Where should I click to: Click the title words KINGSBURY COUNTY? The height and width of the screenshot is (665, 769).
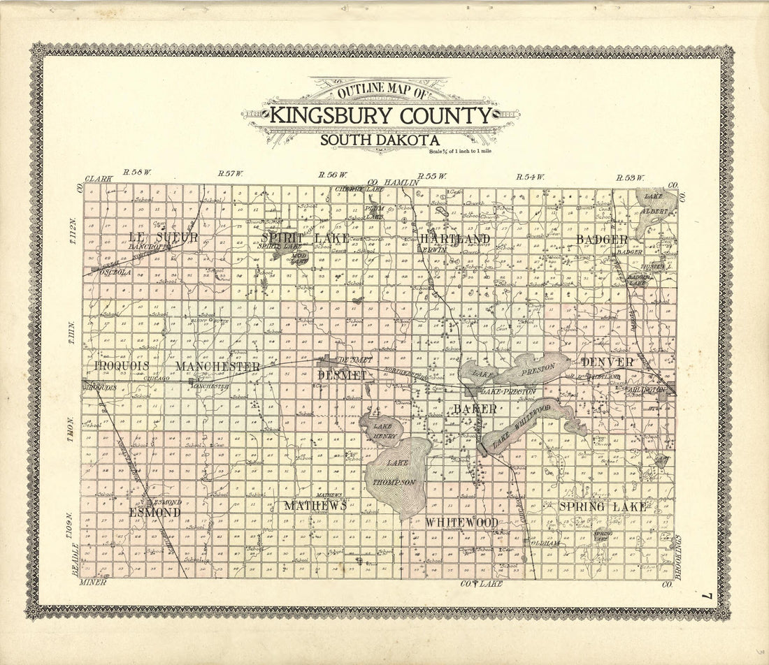point(381,115)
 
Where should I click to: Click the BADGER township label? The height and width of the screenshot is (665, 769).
point(602,240)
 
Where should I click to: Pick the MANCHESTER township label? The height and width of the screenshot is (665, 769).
point(217,366)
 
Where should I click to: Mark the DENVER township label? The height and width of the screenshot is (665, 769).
point(607,362)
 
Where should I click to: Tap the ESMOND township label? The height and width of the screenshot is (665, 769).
point(154,512)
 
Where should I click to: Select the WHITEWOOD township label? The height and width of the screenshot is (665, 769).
point(462,522)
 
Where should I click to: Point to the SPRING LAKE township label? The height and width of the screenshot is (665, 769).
point(602,506)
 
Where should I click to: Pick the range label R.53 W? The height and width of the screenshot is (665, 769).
point(630,177)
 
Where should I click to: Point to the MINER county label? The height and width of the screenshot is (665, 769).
point(92,582)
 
